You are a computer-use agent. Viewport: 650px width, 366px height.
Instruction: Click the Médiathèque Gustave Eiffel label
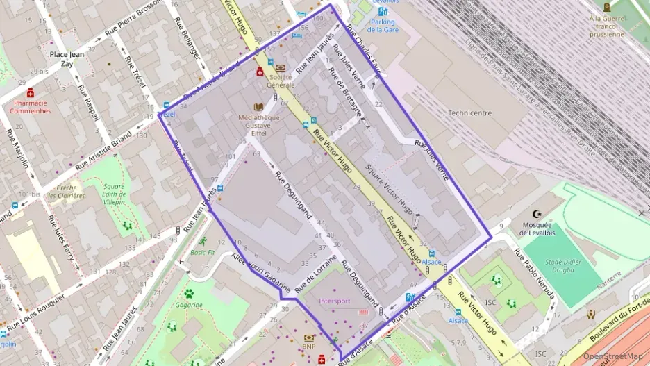pyautogui.click(x=259, y=122)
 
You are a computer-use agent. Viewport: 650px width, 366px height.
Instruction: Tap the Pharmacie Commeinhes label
pyautogui.click(x=31, y=106)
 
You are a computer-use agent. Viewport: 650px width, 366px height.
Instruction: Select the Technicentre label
pyautogui.click(x=469, y=113)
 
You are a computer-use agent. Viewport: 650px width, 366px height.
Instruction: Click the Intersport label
pyautogui.click(x=335, y=301)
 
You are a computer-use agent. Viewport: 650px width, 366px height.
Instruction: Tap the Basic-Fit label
pyautogui.click(x=202, y=253)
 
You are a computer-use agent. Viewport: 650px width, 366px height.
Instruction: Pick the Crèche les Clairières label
pyautogui.click(x=66, y=192)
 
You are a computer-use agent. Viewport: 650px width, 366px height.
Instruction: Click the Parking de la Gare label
pyautogui.click(x=383, y=26)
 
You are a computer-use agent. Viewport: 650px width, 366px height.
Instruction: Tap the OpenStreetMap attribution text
pyautogui.click(x=612, y=356)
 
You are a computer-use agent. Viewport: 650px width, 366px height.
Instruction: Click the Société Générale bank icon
pyautogui.click(x=281, y=68)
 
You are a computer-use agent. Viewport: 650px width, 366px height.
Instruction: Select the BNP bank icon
pyautogui.click(x=309, y=338)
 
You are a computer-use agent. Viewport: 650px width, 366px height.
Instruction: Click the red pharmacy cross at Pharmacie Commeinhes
pyautogui.click(x=31, y=92)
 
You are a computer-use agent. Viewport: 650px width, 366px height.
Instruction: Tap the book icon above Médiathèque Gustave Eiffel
pyautogui.click(x=259, y=107)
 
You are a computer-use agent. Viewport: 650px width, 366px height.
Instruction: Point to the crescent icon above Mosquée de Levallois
pyautogui.click(x=535, y=214)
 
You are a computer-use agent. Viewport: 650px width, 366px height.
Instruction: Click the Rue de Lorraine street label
pyautogui.click(x=316, y=273)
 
